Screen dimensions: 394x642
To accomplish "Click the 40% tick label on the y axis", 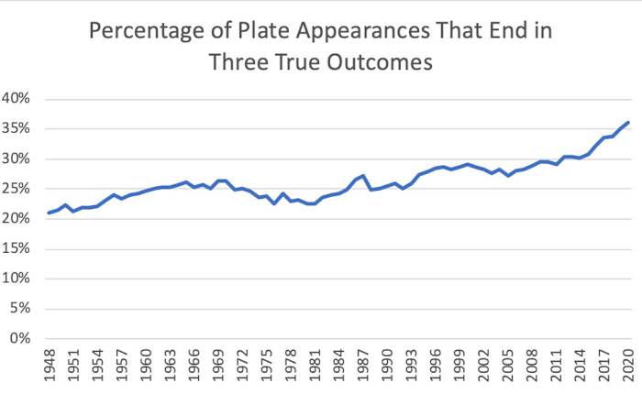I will click(18, 99).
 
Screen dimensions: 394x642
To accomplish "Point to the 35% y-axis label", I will click(18, 129).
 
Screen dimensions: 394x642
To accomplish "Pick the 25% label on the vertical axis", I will click(18, 189).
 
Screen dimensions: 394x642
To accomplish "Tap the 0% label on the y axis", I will click(22, 338).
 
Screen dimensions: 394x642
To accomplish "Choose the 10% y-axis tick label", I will click(18, 279).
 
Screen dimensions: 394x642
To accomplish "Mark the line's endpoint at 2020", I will click(628, 122).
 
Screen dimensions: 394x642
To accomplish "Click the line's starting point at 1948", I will click(49, 213).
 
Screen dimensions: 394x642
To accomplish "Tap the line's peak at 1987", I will click(363, 175).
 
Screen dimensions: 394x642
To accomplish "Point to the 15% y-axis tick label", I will click(18, 248).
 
